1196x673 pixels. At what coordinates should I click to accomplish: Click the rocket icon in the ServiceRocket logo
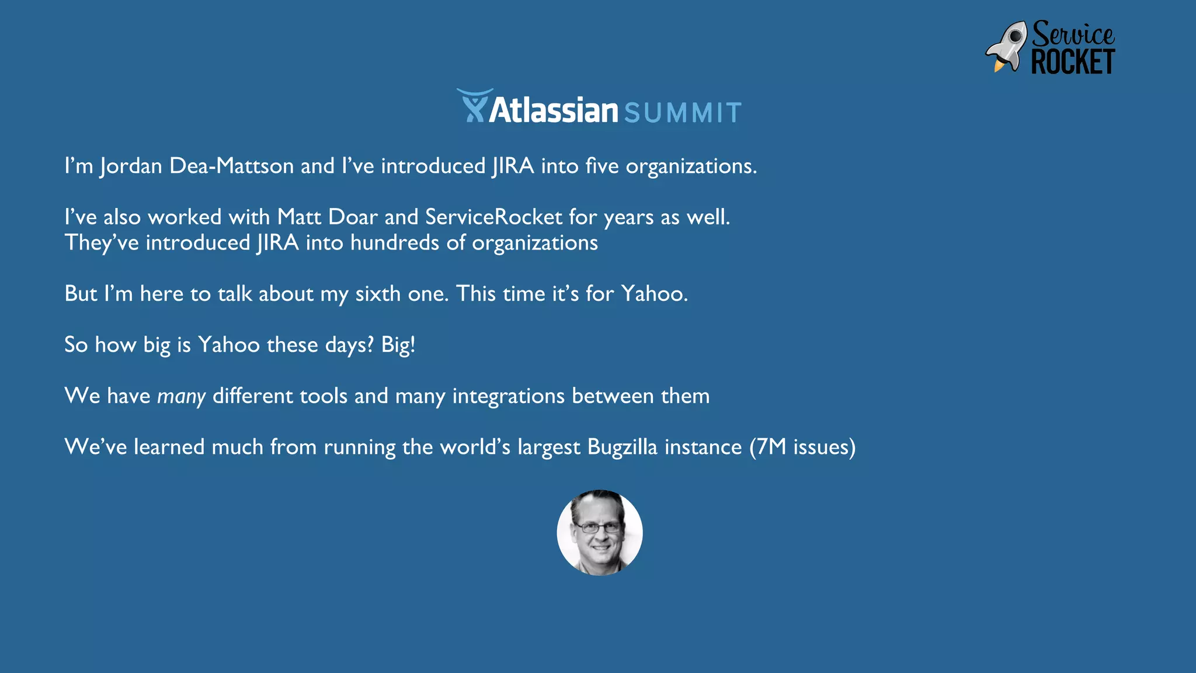1006,47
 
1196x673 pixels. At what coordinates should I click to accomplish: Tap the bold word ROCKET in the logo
1073,62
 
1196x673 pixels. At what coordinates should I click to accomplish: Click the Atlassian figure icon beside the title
474,106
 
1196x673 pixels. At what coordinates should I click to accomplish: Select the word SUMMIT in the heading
683,113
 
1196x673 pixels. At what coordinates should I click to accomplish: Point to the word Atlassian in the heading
553,110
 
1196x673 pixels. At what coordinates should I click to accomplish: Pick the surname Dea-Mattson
231,166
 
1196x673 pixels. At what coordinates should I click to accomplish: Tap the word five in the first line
602,166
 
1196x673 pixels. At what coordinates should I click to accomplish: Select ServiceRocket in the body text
493,217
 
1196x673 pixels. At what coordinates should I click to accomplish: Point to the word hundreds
395,243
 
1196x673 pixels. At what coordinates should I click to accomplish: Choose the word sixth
378,294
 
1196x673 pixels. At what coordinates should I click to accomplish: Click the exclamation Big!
398,345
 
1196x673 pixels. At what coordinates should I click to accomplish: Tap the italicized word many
181,397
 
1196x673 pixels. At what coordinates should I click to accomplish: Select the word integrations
508,397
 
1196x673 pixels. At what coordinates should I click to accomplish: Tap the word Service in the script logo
1073,34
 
